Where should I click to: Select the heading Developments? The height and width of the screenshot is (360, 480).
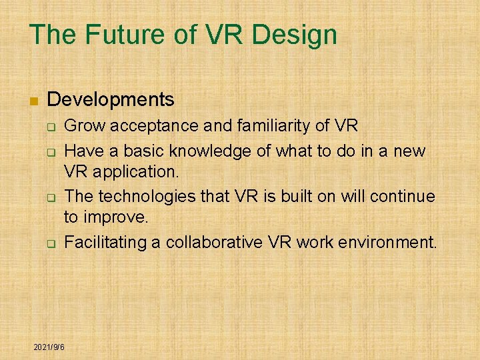(111, 100)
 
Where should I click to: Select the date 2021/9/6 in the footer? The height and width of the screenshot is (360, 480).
(49, 347)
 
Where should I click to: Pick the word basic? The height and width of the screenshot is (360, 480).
(131, 151)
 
